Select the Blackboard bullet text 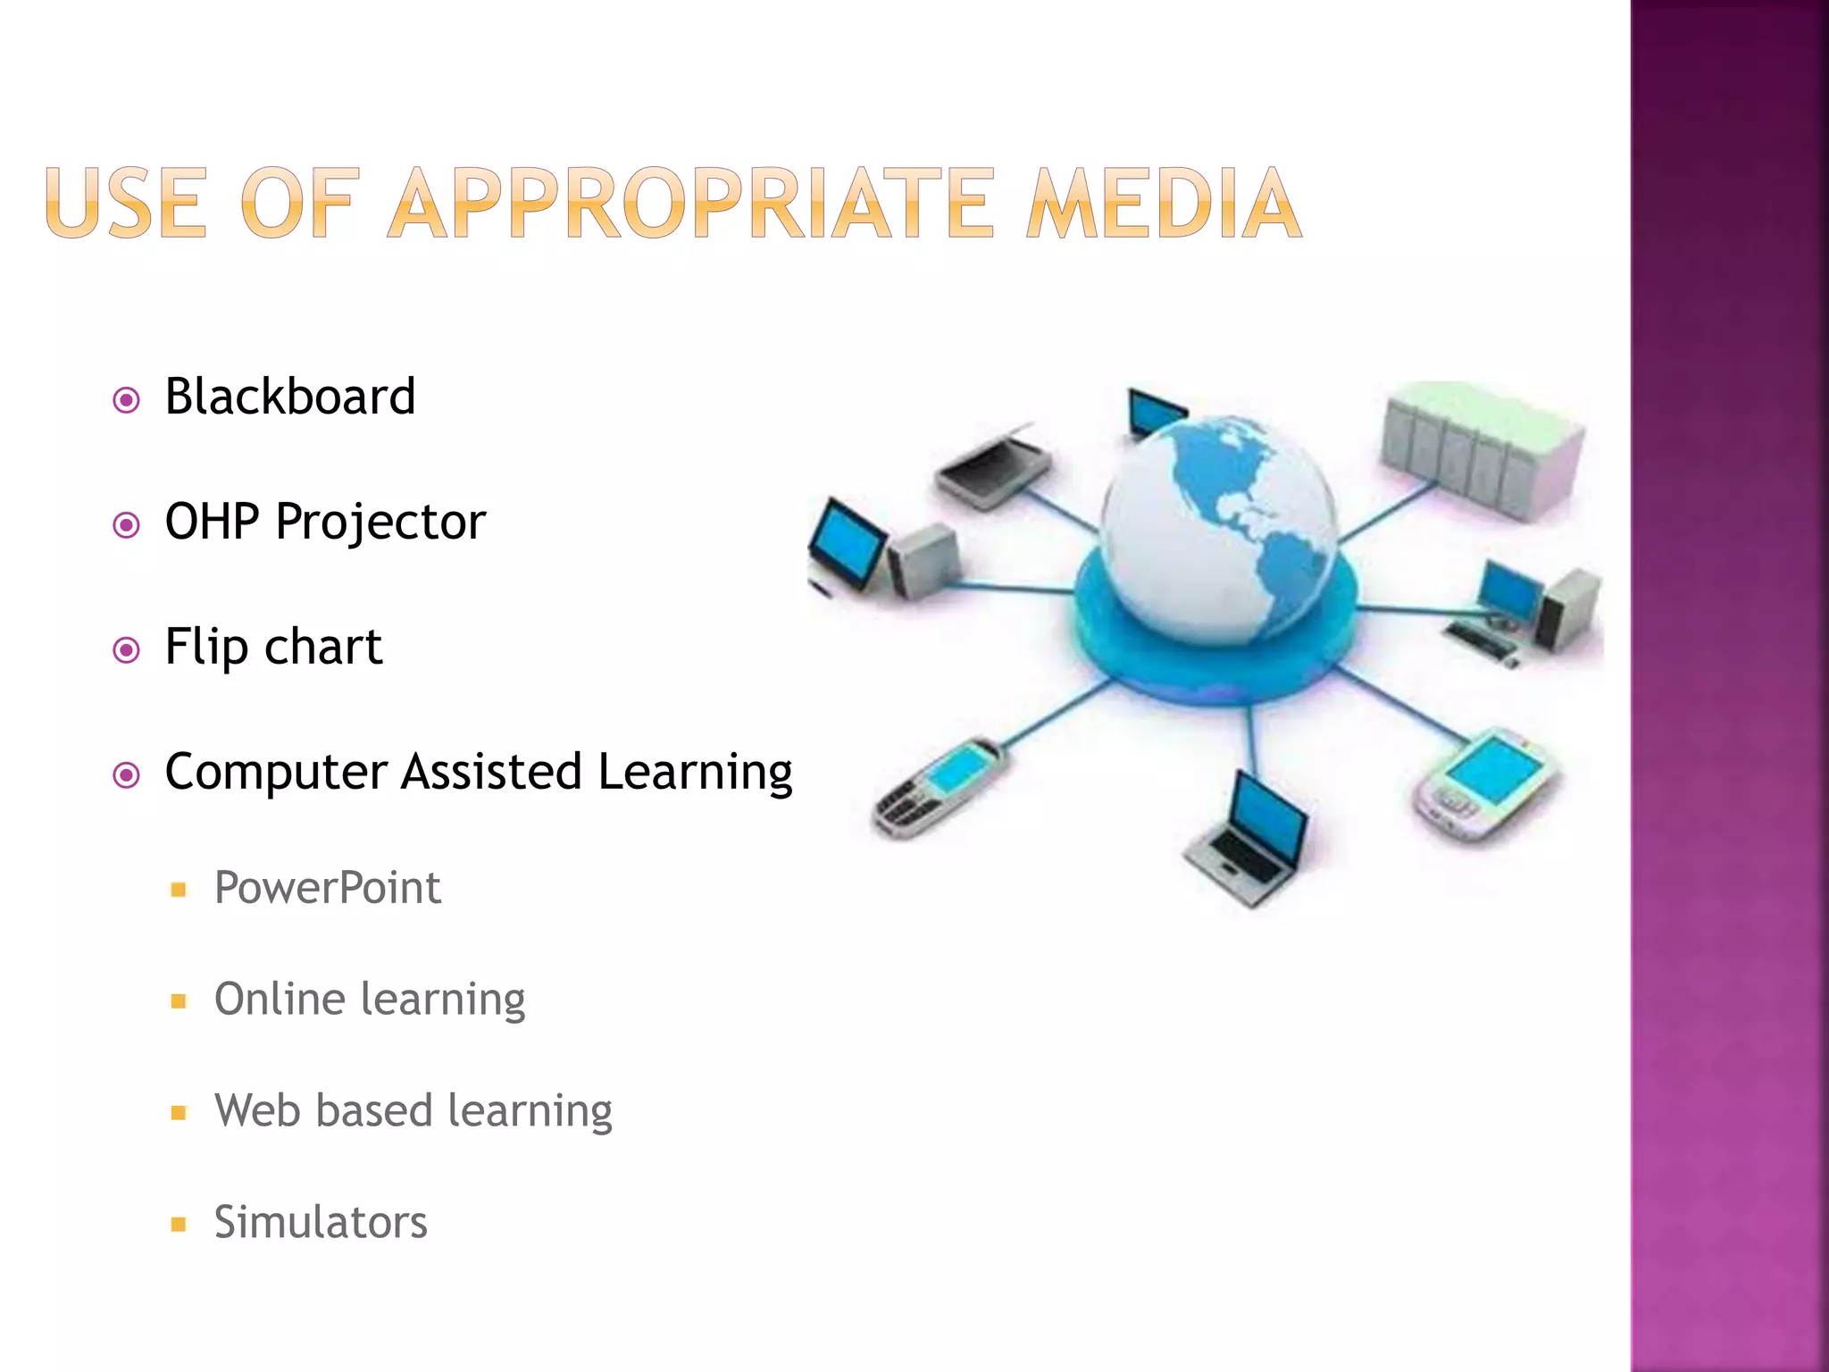pyautogui.click(x=290, y=397)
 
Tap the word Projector pyautogui.click(x=380, y=523)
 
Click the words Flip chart pyautogui.click(x=273, y=647)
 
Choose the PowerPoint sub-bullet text pyautogui.click(x=327, y=888)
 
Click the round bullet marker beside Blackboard pyautogui.click(x=127, y=399)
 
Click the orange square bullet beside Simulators pyautogui.click(x=179, y=1224)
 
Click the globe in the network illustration pyautogui.click(x=1219, y=527)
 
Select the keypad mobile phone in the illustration pyautogui.click(x=938, y=786)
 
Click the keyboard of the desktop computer pyautogui.click(x=1482, y=639)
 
